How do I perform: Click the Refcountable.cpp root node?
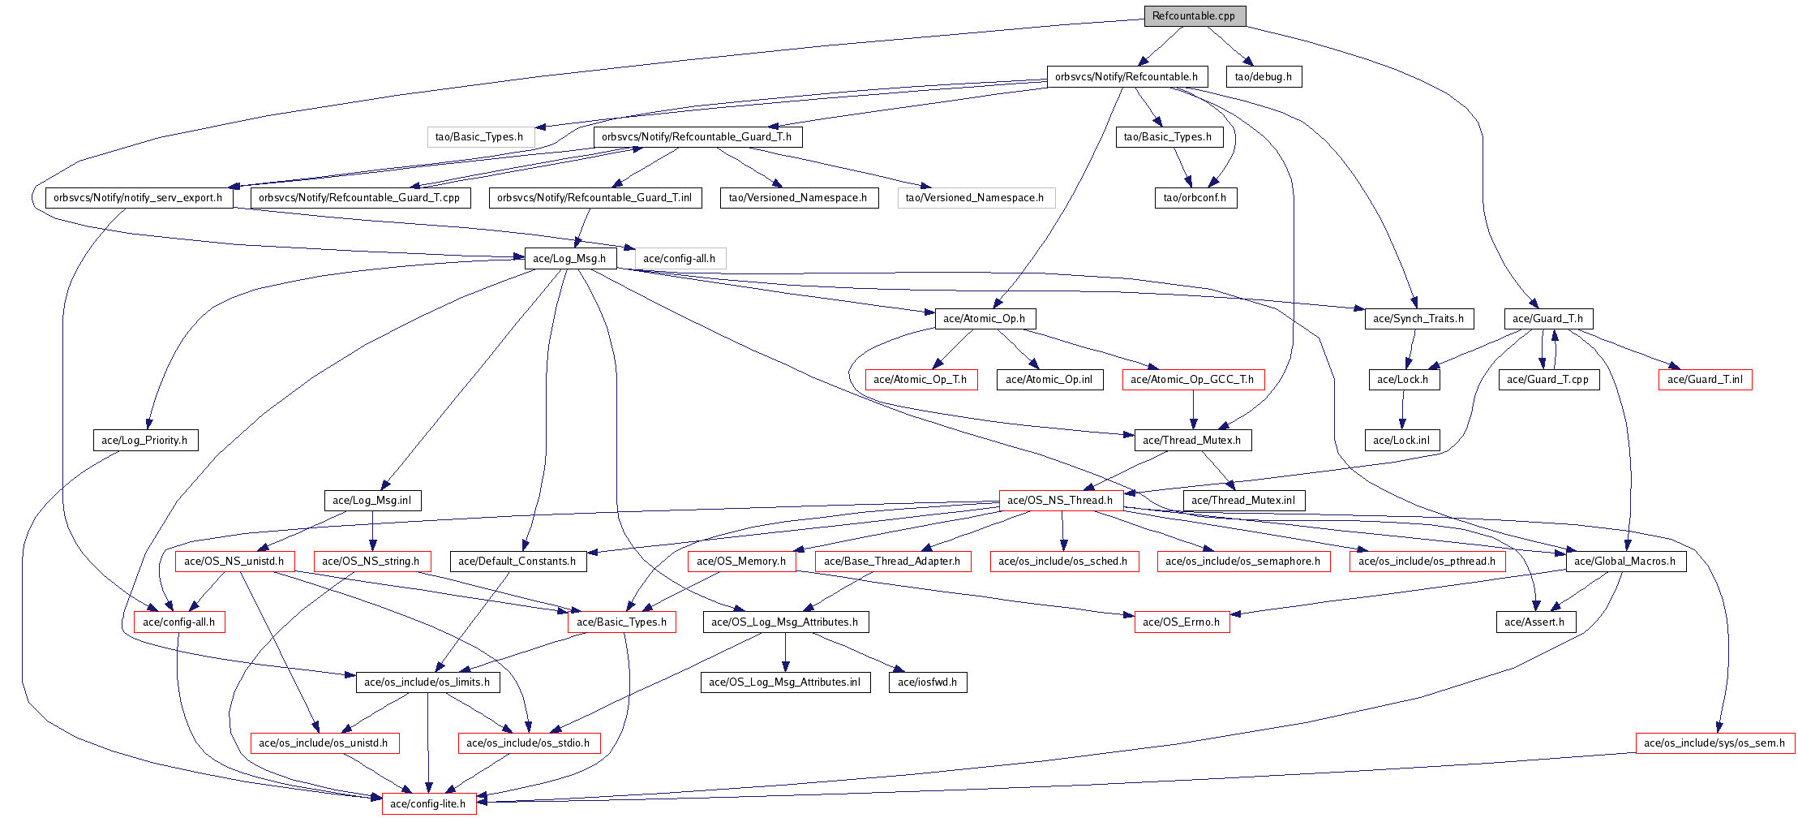click(1194, 16)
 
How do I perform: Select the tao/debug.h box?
click(1264, 77)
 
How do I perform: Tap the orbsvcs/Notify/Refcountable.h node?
click(1126, 77)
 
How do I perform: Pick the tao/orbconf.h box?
click(1195, 198)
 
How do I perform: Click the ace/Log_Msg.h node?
click(569, 259)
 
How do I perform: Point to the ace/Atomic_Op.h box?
click(985, 319)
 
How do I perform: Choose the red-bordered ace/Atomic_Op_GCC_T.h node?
click(1192, 380)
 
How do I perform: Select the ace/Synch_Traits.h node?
click(1418, 319)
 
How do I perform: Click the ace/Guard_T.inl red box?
click(1705, 380)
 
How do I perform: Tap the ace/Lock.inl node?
click(1401, 441)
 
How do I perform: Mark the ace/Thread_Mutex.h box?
click(1192, 441)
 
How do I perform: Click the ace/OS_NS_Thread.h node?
click(1061, 501)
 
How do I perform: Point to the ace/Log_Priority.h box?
click(145, 441)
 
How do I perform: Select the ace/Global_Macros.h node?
click(1626, 562)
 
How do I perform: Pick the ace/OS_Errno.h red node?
click(1182, 622)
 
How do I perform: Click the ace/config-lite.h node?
click(428, 804)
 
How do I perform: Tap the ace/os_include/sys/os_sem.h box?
click(1714, 743)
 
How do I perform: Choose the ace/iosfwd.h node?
click(928, 682)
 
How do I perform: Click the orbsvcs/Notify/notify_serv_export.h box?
click(139, 198)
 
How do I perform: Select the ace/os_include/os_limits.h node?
click(427, 682)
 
